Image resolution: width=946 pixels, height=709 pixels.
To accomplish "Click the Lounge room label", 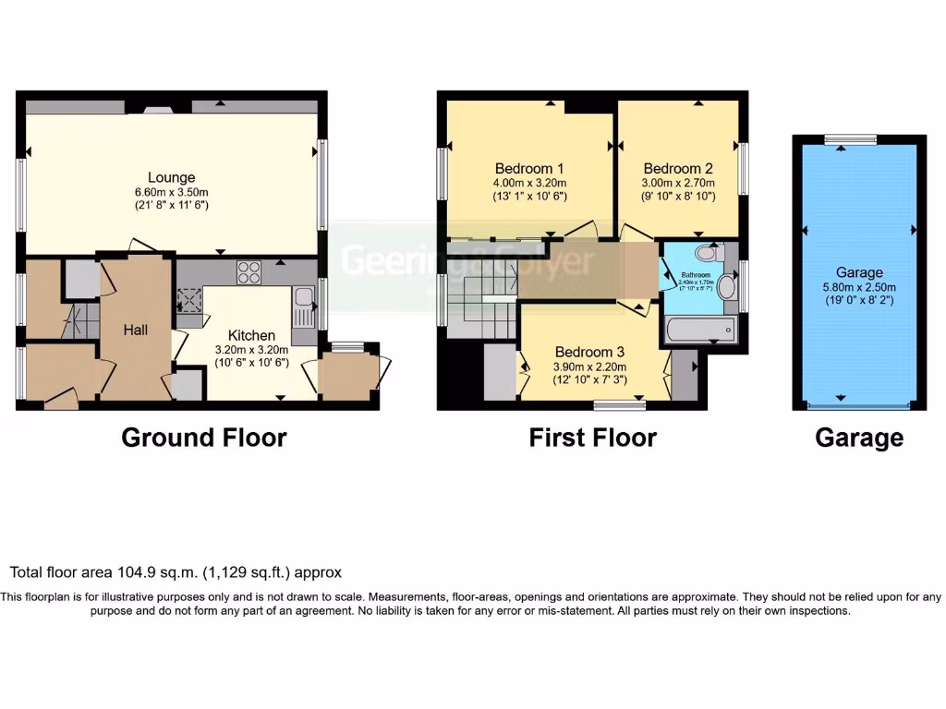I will pos(172,177).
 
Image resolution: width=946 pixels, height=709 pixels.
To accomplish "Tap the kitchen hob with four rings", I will pos(249,272).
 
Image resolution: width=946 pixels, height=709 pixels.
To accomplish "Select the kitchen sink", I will pos(302,305).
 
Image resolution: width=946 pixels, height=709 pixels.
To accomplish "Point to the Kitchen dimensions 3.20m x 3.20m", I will pos(251,350).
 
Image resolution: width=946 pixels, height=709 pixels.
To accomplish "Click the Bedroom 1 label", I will pos(529,169).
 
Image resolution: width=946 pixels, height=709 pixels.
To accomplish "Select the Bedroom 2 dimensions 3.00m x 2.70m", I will pos(679,183).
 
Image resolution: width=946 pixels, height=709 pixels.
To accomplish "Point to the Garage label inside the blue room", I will pos(860,272).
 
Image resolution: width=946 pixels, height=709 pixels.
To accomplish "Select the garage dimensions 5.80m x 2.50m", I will pos(860,286).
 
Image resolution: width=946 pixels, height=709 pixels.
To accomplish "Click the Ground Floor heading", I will pos(204,437).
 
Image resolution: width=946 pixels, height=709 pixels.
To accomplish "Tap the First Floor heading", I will pos(592,437).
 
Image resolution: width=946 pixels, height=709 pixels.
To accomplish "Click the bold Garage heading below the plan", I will pos(859,437).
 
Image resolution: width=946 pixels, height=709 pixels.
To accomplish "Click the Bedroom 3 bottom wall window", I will pos(619,404).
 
